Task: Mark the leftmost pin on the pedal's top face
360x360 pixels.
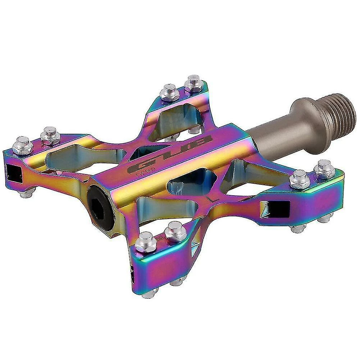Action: [x=22, y=145]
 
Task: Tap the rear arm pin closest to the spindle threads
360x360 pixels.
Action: [x=193, y=83]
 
